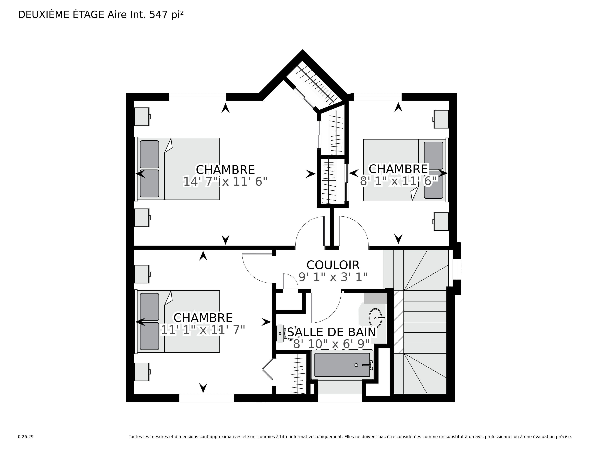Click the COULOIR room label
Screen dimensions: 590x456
(333, 265)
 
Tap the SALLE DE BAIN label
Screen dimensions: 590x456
(331, 332)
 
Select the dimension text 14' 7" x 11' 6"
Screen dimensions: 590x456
(225, 182)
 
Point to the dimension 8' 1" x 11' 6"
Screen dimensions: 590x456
(399, 181)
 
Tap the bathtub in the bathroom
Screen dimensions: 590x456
(342, 365)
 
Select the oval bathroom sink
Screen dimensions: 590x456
(376, 318)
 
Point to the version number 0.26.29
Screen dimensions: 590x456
(26, 437)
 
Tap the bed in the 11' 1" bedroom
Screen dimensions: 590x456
(177, 322)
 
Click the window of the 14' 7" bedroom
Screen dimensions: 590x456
(198, 97)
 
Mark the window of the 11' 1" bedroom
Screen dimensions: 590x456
(207, 398)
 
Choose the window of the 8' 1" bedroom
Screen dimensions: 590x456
(378, 97)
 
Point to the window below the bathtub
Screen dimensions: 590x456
(340, 398)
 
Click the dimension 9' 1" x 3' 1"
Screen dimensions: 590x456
(333, 277)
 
